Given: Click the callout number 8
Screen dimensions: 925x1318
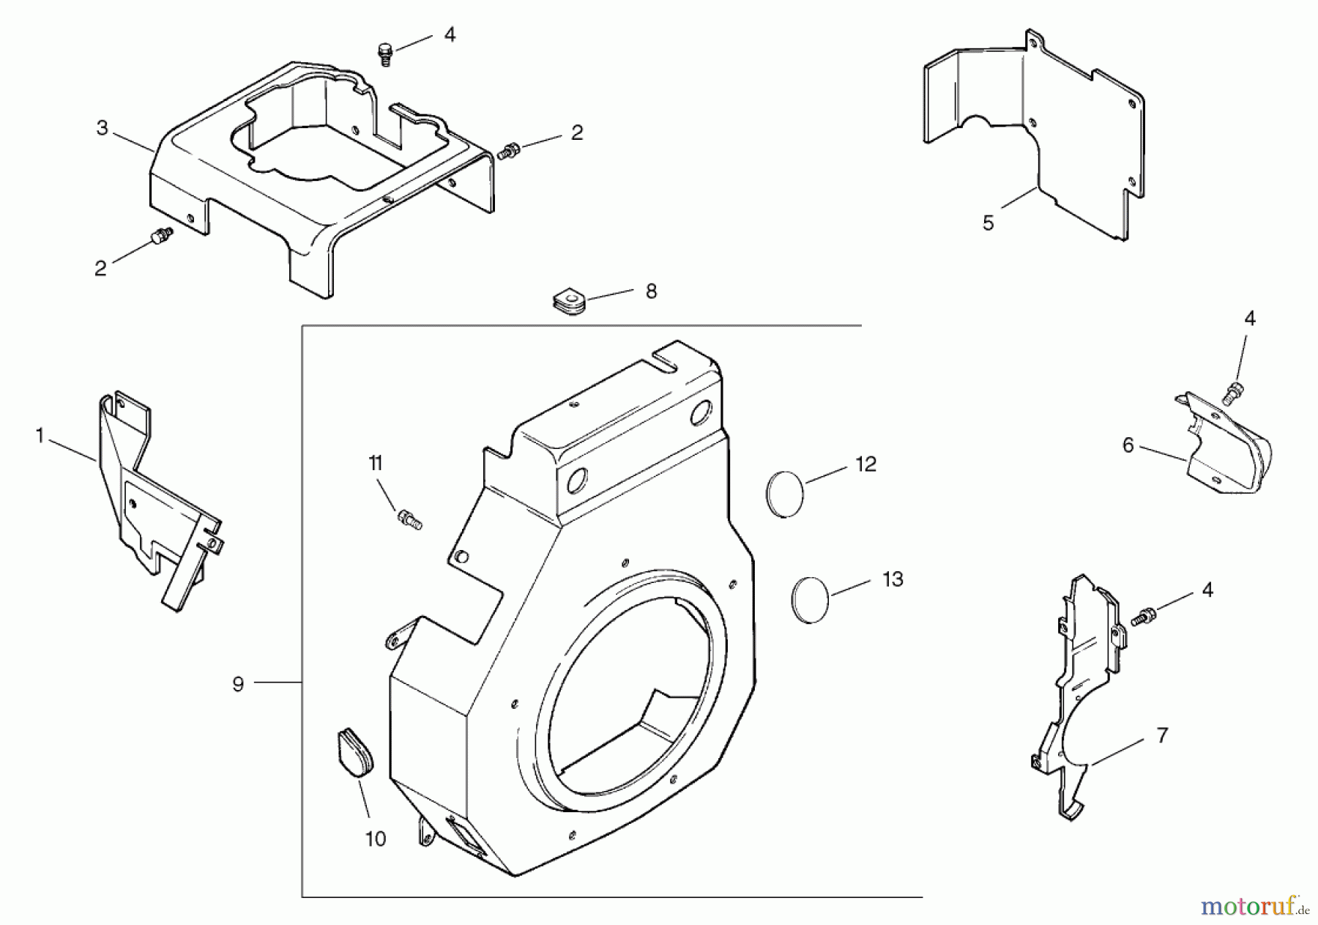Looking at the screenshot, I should [651, 291].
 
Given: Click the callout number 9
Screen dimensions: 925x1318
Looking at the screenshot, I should [238, 685].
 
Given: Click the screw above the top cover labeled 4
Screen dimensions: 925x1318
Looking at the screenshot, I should [384, 53].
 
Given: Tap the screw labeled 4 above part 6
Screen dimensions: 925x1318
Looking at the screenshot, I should [1233, 393].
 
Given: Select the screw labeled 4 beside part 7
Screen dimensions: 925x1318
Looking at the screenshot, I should [1141, 617].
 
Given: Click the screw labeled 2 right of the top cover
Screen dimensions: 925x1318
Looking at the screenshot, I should [507, 152].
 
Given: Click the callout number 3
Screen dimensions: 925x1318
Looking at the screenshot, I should [102, 128].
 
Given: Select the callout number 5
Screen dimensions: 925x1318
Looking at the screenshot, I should [988, 223].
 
